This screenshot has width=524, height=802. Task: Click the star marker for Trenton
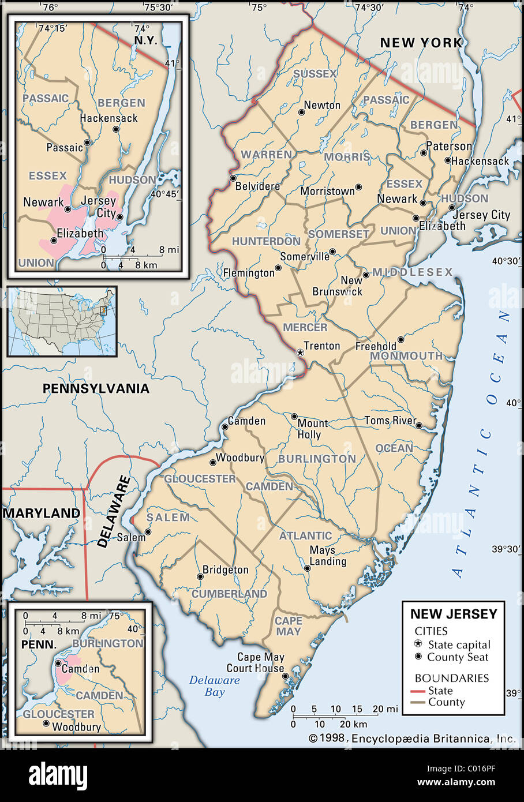(x=300, y=352)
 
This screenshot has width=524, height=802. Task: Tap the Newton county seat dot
(x=301, y=112)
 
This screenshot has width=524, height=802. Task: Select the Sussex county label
(x=315, y=74)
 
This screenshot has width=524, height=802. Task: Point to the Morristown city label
(x=327, y=191)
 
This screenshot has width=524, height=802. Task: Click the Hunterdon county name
(x=266, y=241)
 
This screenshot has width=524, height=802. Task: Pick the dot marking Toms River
(x=419, y=426)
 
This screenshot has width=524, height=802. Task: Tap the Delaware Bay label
(x=215, y=685)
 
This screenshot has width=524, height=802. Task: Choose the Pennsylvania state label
(x=96, y=388)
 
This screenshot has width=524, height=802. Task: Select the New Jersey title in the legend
(x=454, y=614)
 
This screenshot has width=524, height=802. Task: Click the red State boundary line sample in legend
(x=417, y=691)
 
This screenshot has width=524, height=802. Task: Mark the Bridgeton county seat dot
(x=200, y=576)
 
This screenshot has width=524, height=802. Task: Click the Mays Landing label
(x=328, y=556)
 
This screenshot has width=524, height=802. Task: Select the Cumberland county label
(x=229, y=594)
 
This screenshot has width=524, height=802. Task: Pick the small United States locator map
(x=62, y=321)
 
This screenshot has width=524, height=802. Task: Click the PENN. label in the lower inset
(x=39, y=644)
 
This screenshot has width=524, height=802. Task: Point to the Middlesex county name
(x=412, y=272)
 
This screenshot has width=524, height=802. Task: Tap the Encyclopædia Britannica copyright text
(x=412, y=738)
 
